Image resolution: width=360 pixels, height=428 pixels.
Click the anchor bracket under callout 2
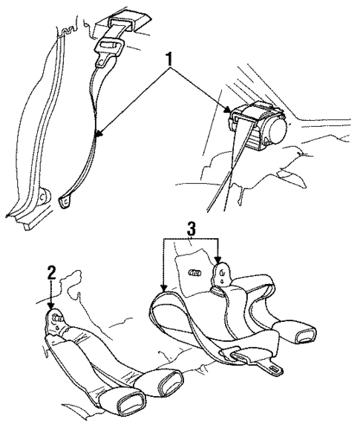point(55,323)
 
